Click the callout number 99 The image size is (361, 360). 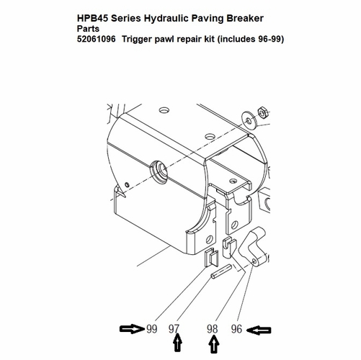[x=151, y=329]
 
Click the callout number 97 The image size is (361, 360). [x=174, y=329]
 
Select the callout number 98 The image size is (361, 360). [x=213, y=329]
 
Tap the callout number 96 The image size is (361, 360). [x=236, y=329]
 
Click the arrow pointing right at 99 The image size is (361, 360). [x=132, y=329]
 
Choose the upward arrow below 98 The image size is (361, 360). [x=213, y=346]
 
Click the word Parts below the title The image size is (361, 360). [x=87, y=28]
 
